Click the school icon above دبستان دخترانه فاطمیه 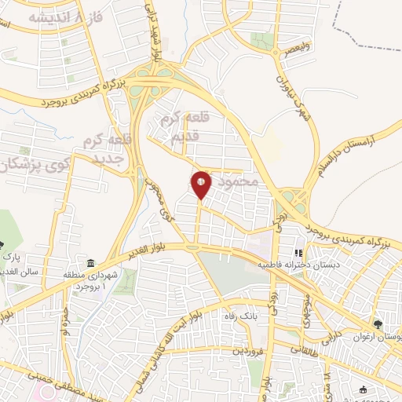tap(298, 254)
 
